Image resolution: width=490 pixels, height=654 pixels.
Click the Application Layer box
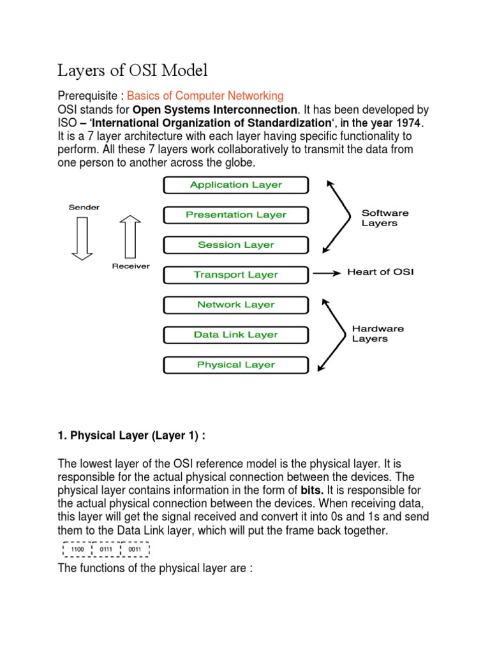(236, 185)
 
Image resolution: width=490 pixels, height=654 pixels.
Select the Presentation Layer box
(236, 215)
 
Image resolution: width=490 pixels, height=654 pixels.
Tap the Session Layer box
(236, 245)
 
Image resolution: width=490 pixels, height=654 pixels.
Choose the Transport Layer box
(236, 275)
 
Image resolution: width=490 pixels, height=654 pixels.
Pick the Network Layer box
(236, 305)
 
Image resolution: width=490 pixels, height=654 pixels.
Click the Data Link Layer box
(236, 335)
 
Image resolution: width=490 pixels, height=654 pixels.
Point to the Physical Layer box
(236, 365)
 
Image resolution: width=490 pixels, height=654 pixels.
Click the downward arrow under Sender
(82, 238)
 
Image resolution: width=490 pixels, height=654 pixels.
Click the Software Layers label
(385, 218)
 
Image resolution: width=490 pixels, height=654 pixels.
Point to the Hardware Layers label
(378, 333)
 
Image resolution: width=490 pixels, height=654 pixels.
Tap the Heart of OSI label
(380, 272)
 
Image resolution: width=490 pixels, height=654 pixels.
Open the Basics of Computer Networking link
(205, 96)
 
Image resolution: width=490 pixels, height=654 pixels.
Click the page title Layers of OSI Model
(133, 70)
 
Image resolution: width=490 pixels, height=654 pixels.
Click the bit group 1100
(77, 549)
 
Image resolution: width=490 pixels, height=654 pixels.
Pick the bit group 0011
(135, 549)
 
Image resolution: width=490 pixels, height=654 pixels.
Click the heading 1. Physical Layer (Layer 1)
(132, 436)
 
